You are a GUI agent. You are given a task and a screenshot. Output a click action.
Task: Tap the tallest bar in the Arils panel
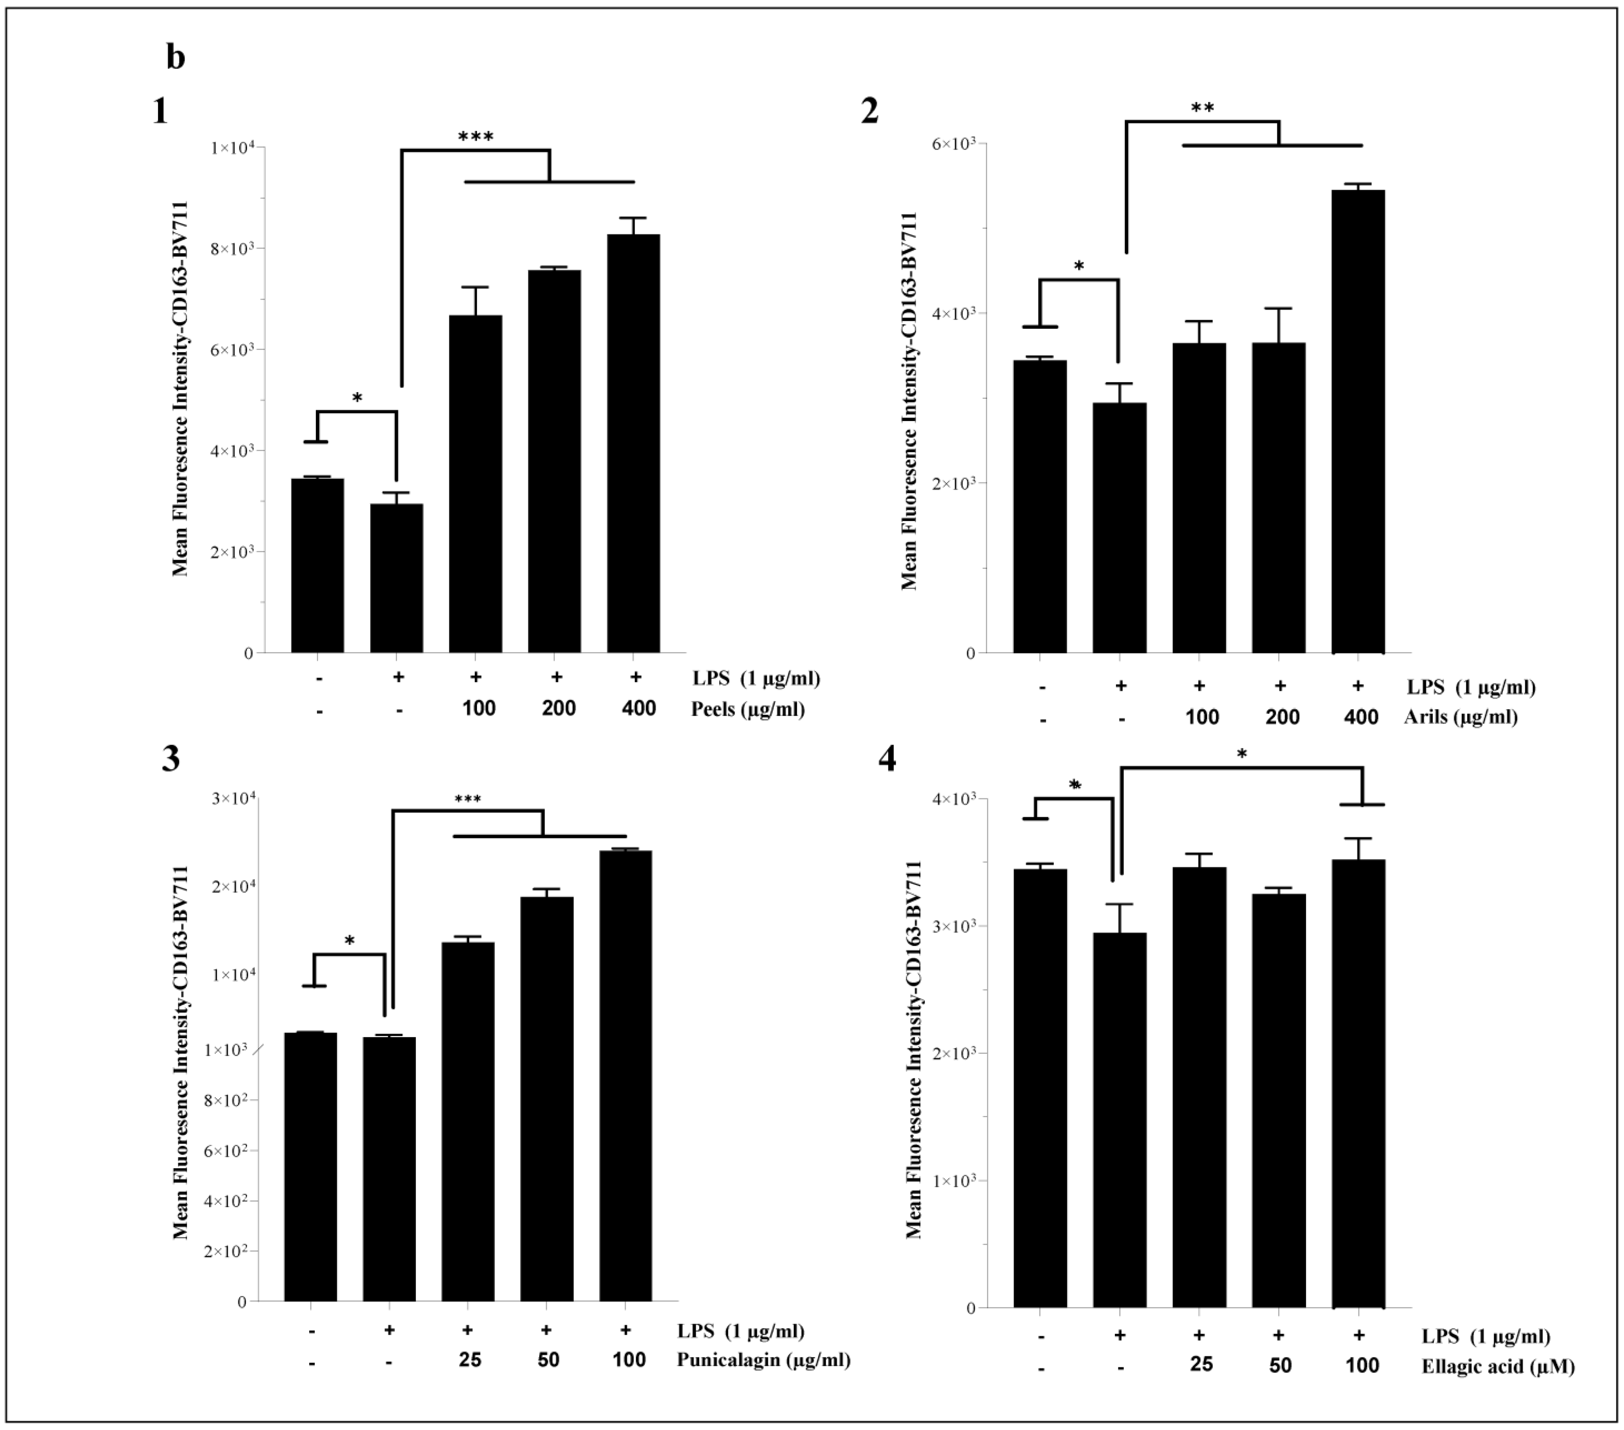point(1358,421)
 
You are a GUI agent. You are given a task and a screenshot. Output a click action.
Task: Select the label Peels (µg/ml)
point(747,709)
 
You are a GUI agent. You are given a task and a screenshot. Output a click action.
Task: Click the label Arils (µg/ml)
point(1460,716)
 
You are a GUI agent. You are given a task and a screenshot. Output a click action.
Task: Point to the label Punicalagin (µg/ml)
point(763,1359)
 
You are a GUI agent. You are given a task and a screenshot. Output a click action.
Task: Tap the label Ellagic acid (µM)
point(1497,1366)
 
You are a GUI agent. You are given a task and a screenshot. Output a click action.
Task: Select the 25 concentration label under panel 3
point(470,1359)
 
